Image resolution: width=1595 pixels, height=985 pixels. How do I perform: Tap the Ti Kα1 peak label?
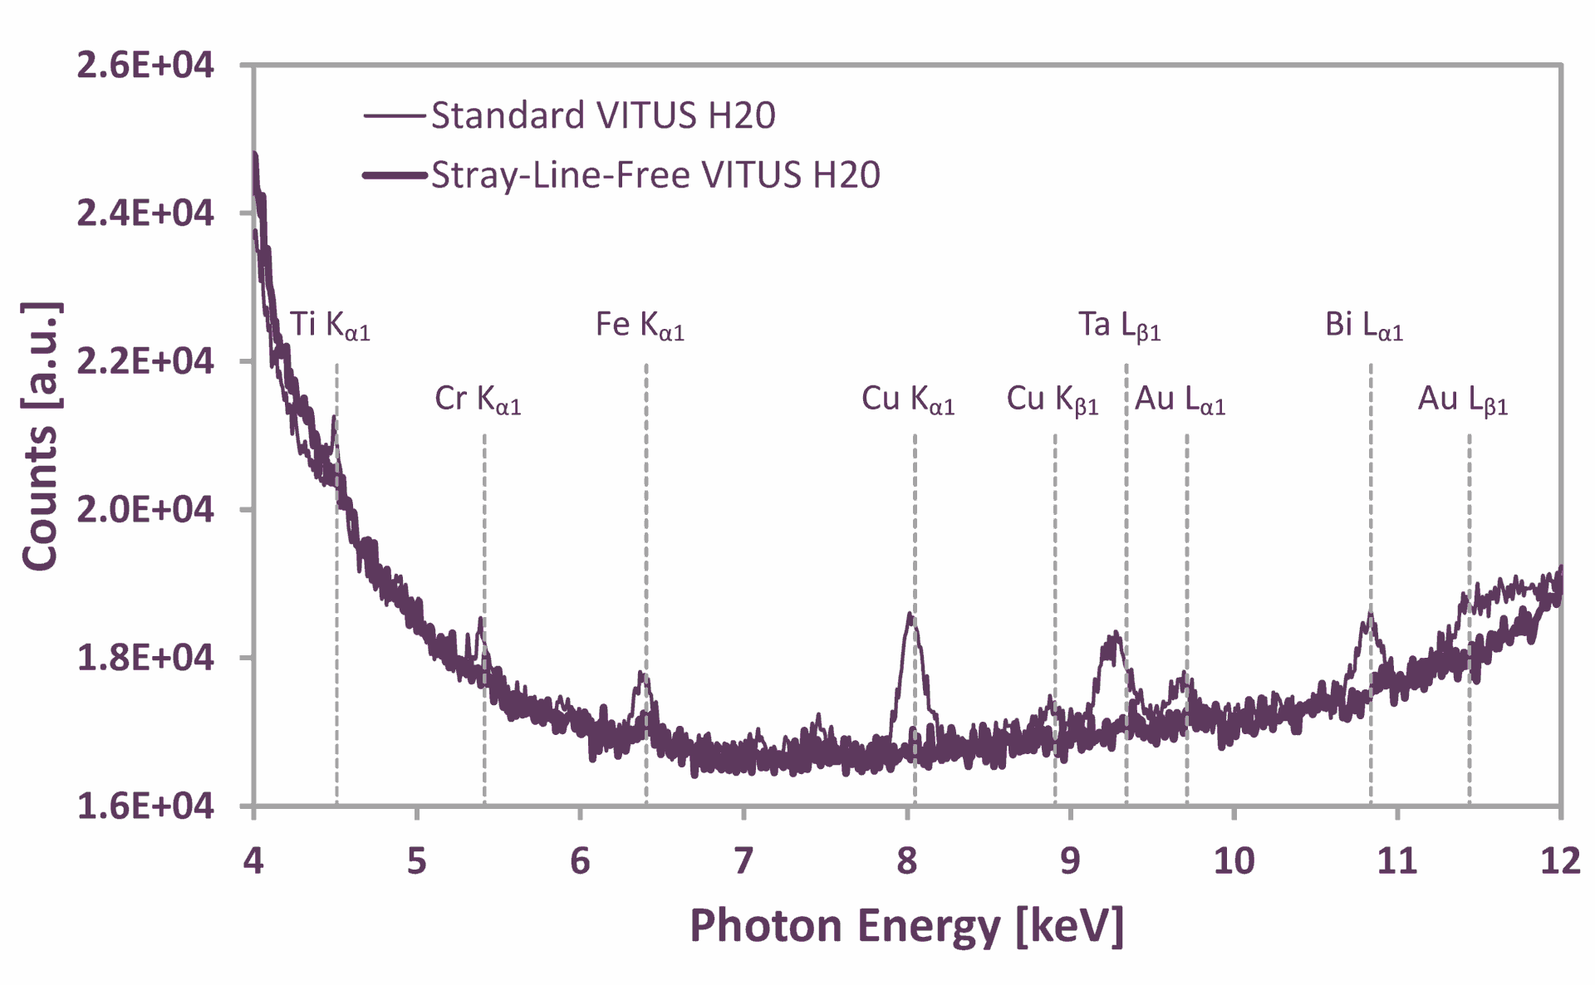tap(329, 326)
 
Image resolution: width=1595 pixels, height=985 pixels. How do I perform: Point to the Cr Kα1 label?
tap(478, 399)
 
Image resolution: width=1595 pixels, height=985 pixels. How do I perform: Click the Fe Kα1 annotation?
tap(640, 326)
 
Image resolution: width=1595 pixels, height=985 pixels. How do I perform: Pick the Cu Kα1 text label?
tap(908, 399)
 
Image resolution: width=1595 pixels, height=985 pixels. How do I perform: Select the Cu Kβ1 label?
tap(1053, 399)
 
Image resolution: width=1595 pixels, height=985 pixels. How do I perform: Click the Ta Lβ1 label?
tap(1119, 326)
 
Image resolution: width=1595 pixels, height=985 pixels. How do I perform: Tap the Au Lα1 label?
tap(1180, 399)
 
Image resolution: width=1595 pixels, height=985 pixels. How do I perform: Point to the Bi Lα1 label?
tap(1363, 326)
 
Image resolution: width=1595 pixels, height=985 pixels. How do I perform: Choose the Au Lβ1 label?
tap(1462, 399)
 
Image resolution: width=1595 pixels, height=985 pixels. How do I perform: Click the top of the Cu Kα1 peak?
tap(910, 615)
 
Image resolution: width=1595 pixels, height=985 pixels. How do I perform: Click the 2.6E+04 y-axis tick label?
tap(145, 66)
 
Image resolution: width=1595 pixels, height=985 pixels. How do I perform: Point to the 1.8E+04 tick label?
tap(145, 658)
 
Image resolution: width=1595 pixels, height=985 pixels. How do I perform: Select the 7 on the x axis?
tap(744, 861)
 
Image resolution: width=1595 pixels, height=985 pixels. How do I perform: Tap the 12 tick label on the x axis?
tap(1560, 861)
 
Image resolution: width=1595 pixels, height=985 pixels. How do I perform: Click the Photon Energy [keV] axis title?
tap(906, 926)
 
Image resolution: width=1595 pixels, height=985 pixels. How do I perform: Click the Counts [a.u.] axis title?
tap(41, 436)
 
